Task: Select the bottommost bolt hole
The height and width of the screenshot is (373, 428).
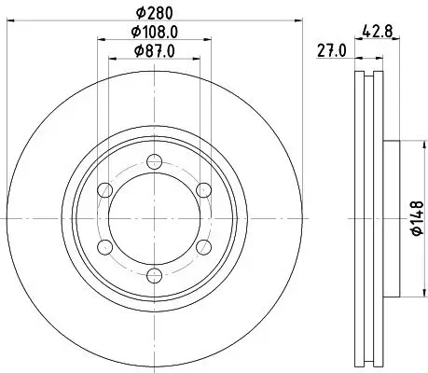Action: [152, 273]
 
